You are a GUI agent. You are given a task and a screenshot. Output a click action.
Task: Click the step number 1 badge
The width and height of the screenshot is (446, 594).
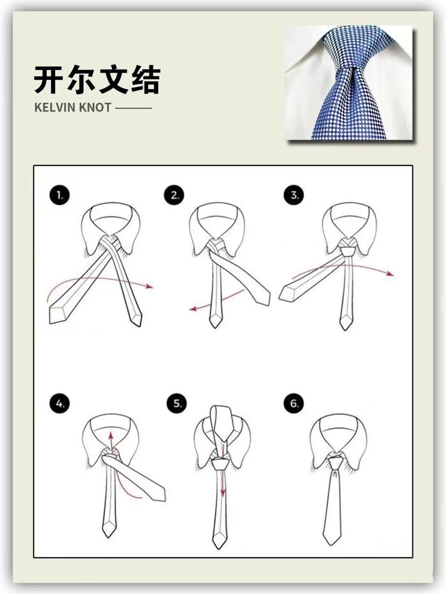59,195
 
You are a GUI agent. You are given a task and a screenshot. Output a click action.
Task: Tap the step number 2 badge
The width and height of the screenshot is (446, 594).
175,195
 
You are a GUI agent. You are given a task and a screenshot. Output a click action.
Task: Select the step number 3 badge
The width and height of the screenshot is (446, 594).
294,195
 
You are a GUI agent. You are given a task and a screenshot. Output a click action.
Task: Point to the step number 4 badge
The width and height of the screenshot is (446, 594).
59,404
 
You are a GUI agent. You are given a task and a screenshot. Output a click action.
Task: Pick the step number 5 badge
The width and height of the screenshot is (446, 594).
177,404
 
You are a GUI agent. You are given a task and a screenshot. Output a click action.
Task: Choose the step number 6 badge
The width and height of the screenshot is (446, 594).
294,404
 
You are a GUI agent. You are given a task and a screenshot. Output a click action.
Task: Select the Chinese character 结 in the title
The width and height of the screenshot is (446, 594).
145,80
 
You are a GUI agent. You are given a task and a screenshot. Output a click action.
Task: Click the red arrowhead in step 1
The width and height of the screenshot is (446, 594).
150,286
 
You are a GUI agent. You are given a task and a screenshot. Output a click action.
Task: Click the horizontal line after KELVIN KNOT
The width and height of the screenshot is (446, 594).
133,108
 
